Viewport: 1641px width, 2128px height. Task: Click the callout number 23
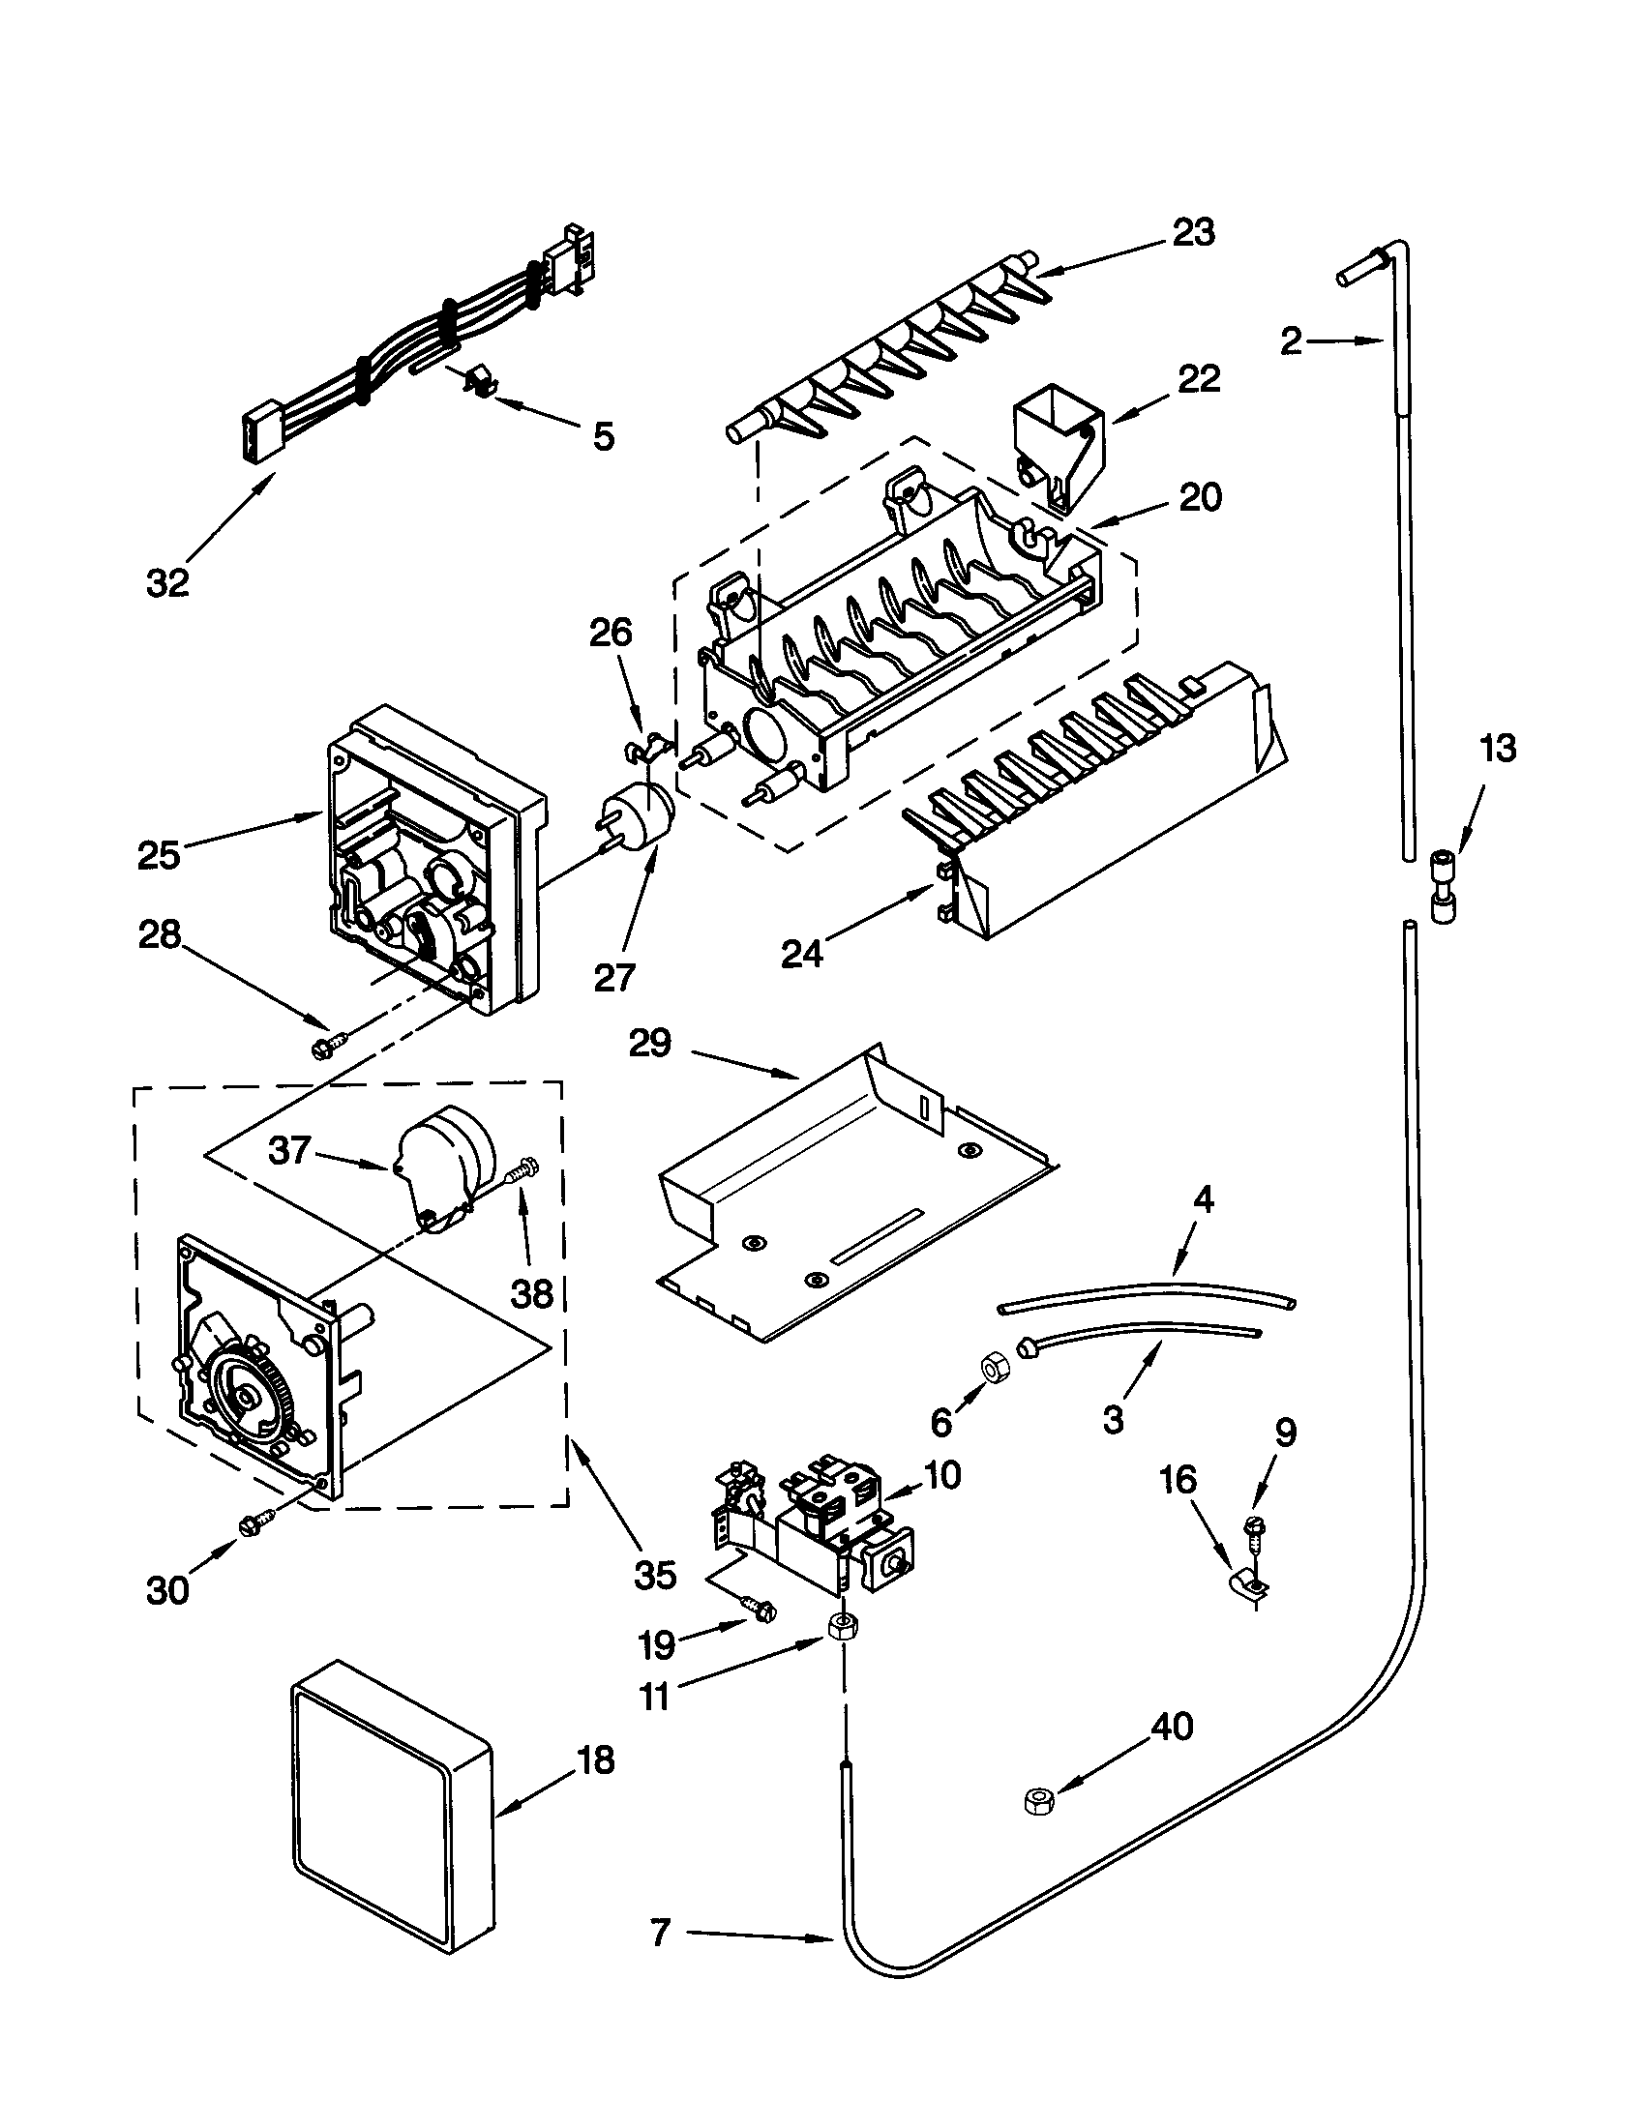pos(1193,234)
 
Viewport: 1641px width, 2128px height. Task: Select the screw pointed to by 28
pos(321,1048)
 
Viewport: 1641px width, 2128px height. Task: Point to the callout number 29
pos(650,1044)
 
